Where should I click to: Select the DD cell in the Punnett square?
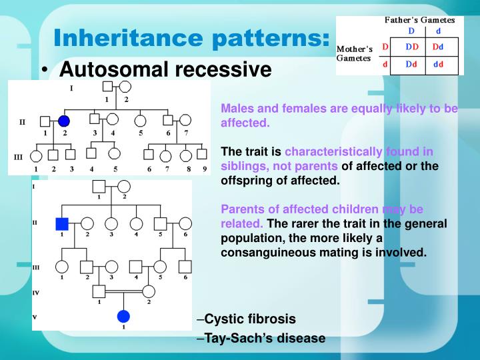(x=412, y=47)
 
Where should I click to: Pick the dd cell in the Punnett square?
(x=438, y=65)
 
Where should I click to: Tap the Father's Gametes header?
(x=420, y=20)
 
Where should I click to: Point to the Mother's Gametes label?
(x=355, y=54)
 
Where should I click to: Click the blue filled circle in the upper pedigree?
(x=64, y=121)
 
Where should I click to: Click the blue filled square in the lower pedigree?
(x=62, y=224)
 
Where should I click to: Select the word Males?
(x=237, y=109)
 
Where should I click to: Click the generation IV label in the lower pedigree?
(x=36, y=292)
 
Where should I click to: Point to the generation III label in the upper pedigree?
(x=19, y=157)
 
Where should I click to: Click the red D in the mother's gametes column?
(x=385, y=47)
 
